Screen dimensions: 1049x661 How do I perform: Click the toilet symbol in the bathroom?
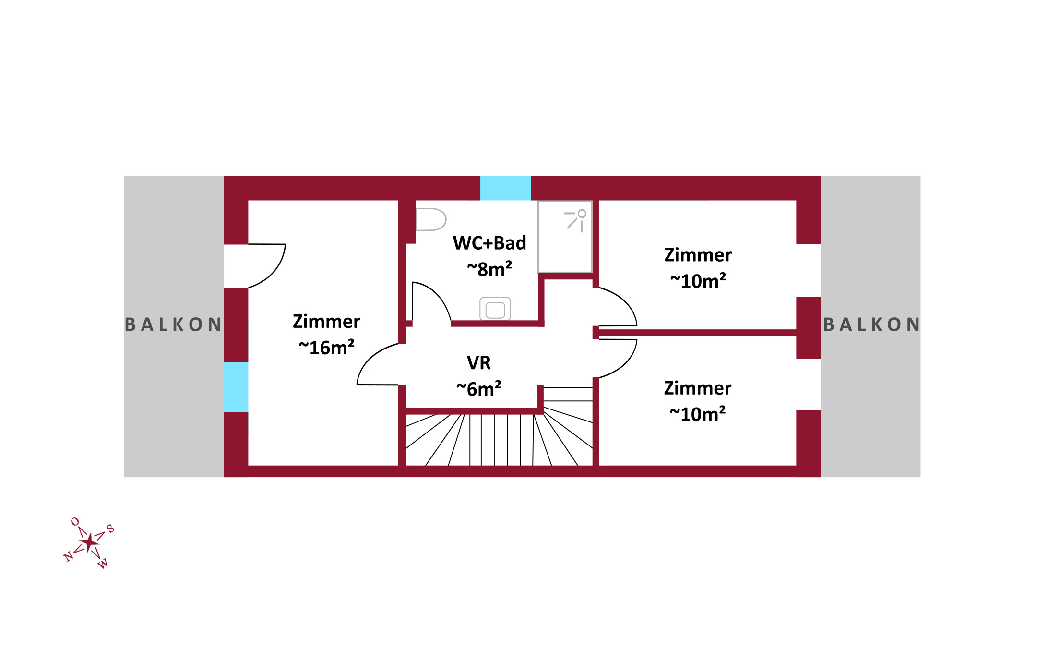pos(431,219)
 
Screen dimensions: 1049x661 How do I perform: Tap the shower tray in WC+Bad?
pos(565,237)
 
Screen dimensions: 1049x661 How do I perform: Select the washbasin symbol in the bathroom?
pos(495,309)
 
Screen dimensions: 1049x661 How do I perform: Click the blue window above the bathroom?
pos(505,188)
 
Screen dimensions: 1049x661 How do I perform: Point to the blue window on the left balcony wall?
pos(236,387)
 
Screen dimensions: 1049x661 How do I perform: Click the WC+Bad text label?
pos(489,243)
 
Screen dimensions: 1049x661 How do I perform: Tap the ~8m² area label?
pos(489,269)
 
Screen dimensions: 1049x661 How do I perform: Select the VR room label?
pos(479,363)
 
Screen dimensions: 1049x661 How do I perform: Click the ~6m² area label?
pos(479,388)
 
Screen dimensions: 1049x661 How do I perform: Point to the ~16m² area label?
pos(326,347)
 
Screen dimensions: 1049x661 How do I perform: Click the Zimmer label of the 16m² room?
pos(326,321)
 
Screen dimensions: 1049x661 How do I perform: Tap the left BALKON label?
pos(173,324)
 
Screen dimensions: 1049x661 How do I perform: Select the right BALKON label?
pos(871,324)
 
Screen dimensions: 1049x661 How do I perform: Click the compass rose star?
pos(89,542)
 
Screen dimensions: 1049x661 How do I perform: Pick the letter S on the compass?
pos(110,529)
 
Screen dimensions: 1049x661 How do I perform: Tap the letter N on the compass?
pos(68,556)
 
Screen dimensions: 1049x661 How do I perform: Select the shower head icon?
pos(575,220)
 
